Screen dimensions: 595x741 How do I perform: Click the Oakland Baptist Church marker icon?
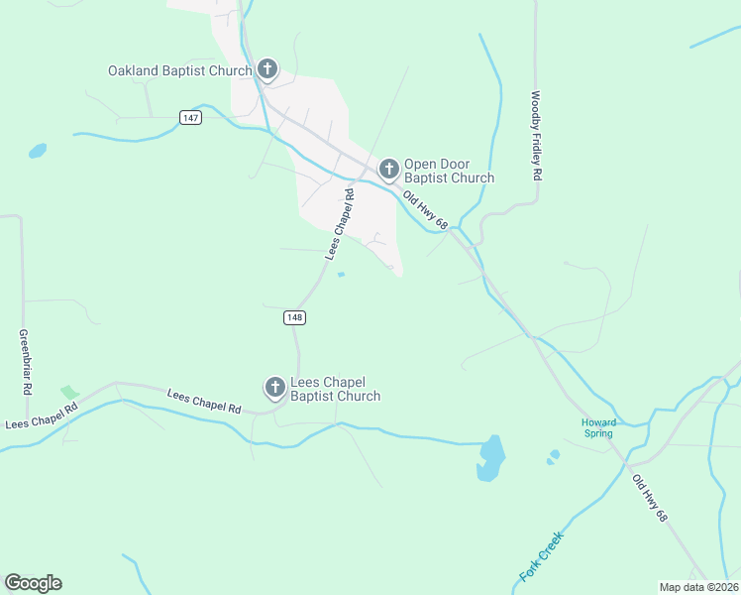coord(266,69)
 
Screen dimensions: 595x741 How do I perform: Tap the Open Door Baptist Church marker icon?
coord(388,170)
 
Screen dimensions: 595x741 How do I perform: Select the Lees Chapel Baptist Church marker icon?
coord(274,388)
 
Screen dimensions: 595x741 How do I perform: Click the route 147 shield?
coord(191,117)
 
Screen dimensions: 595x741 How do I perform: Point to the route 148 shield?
coord(294,317)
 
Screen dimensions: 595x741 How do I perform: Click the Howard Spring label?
coord(598,428)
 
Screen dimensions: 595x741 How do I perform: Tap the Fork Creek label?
coord(541,555)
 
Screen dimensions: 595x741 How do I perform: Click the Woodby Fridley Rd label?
coord(536,136)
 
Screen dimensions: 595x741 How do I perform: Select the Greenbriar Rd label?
coord(22,363)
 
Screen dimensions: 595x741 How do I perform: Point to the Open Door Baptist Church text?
coord(449,172)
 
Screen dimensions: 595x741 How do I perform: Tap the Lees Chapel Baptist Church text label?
coord(335,389)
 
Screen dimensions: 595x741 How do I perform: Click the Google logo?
coord(33,583)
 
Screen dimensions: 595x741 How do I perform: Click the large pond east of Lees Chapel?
coord(490,457)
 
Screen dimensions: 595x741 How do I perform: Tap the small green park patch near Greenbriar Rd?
coord(68,394)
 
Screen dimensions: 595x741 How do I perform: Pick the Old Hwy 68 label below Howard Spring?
coord(651,499)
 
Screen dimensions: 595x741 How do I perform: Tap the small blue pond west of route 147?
coord(37,152)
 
